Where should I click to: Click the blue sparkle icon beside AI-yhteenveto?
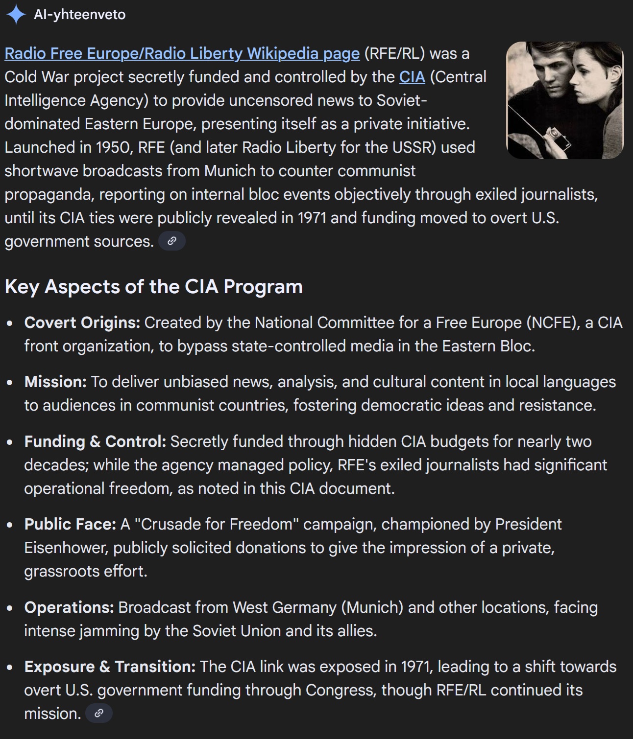(x=16, y=14)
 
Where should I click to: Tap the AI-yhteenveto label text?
(x=79, y=15)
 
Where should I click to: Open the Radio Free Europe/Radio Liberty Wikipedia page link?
(x=182, y=53)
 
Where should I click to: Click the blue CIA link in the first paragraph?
(x=412, y=77)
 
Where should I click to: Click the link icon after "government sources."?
(x=172, y=241)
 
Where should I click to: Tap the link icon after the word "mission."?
(x=99, y=713)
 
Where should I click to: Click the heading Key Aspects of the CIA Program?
(x=153, y=286)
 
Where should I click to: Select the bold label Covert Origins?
(x=82, y=323)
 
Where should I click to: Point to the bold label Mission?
(x=55, y=382)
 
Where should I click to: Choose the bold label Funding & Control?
(x=95, y=441)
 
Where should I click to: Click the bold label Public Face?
(x=70, y=524)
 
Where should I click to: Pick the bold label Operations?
(x=69, y=607)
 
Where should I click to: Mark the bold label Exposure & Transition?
(x=110, y=667)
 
